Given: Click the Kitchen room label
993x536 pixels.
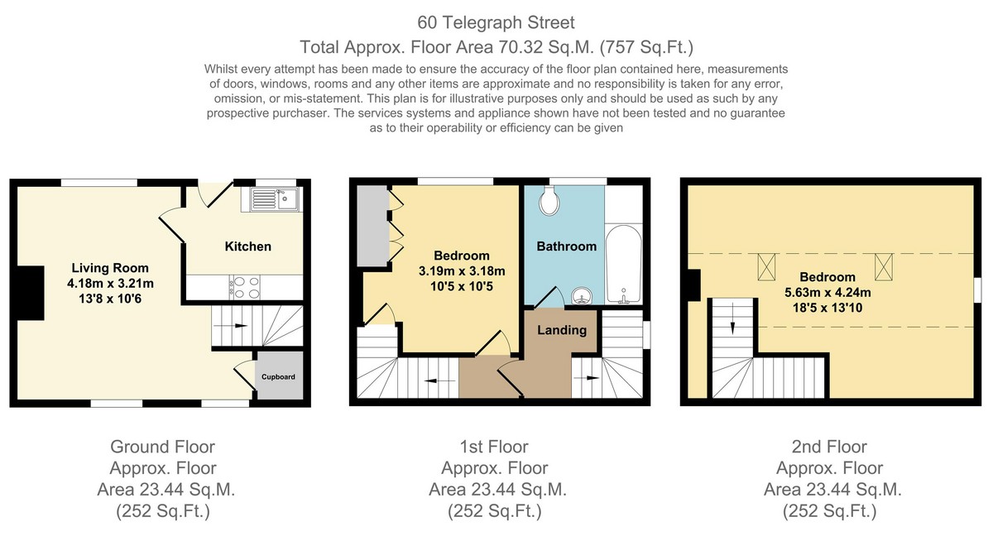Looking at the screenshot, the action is tap(247, 246).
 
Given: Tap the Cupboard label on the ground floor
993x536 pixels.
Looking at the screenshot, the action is tap(278, 377).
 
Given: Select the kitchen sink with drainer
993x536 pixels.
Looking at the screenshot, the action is tap(275, 199).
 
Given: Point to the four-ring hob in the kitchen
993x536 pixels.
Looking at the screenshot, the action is tap(245, 288).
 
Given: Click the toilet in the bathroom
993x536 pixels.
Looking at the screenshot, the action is tap(549, 201).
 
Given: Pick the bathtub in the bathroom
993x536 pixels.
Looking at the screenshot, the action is tap(624, 264).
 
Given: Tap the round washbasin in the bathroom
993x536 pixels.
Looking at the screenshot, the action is tap(581, 295).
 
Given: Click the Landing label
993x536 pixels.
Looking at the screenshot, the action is tap(562, 330).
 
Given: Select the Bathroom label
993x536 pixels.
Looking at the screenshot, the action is tap(567, 246).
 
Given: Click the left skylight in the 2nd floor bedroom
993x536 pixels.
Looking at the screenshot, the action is tap(766, 267).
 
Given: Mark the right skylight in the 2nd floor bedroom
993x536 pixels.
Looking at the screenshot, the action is tap(884, 267).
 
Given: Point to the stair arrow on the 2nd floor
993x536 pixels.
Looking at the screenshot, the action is tap(732, 318).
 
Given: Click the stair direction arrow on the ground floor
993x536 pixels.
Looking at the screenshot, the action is tap(231, 326).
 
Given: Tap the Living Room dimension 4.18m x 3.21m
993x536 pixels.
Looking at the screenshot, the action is tap(110, 284).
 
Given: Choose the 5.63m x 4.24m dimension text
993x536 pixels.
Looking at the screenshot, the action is tap(827, 292).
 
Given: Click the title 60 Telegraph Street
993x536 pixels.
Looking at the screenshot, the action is tap(496, 22).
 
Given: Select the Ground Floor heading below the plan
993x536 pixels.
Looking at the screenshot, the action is tap(163, 447).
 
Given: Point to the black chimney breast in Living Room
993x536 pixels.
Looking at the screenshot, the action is tap(30, 293).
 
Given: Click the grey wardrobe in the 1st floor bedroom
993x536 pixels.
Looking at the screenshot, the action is tap(373, 226).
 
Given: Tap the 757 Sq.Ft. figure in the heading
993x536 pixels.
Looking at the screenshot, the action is tap(647, 47).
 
